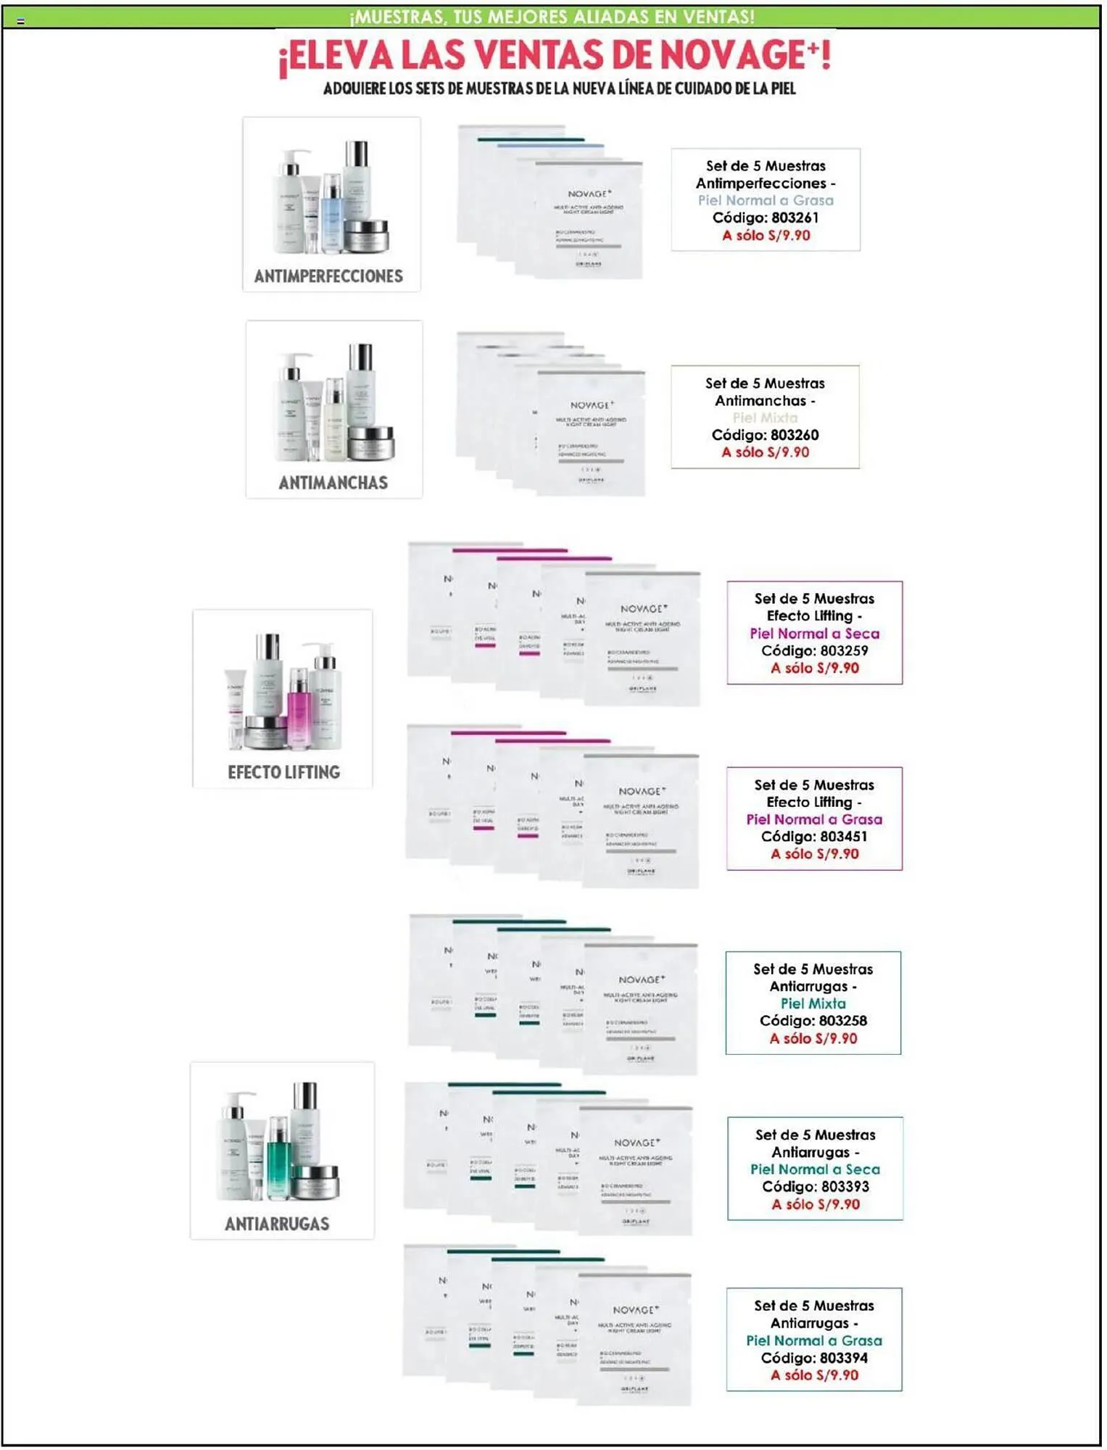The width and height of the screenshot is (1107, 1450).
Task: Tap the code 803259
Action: coord(844,650)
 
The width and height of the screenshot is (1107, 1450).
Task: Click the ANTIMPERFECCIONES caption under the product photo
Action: coord(328,276)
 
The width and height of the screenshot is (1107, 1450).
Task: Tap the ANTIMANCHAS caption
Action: coord(333,483)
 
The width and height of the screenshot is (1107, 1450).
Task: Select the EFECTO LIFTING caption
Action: coord(283,772)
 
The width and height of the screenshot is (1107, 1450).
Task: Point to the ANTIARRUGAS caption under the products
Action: coord(277,1224)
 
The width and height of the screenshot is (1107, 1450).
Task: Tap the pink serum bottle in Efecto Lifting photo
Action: coord(299,707)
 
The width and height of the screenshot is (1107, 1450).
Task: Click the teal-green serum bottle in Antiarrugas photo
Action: coord(278,1158)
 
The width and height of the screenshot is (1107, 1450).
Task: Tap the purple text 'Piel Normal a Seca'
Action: coord(814,633)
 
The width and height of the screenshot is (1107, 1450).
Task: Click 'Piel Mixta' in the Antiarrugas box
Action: coord(813,1003)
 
